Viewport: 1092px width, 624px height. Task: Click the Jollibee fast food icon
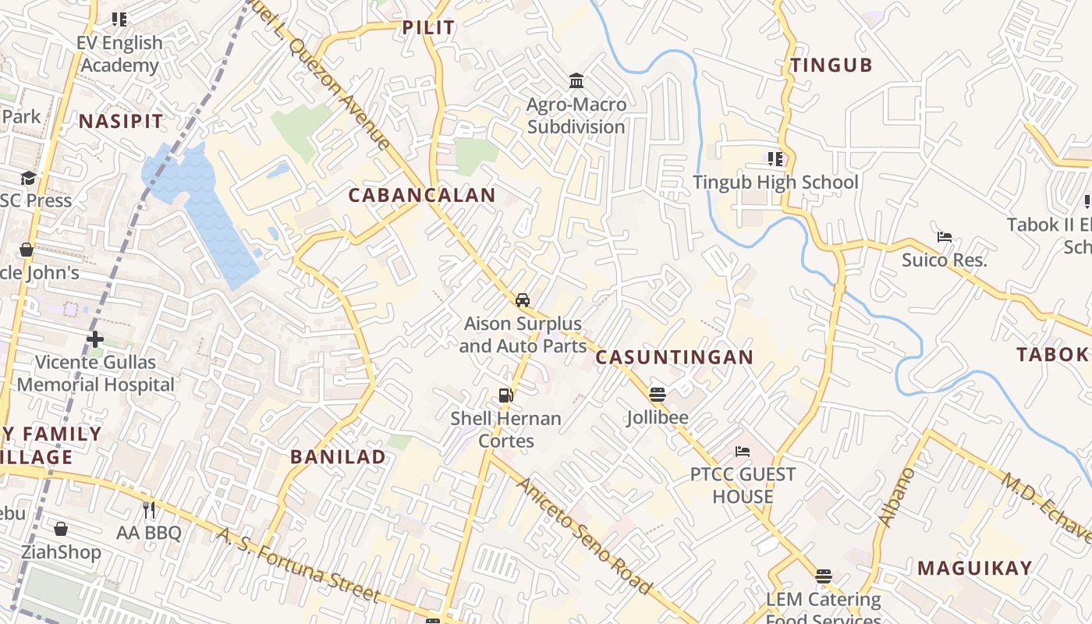pyautogui.click(x=658, y=394)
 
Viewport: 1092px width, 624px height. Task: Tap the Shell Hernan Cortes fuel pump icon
pyautogui.click(x=506, y=395)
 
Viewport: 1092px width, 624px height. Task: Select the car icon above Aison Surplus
pyautogui.click(x=522, y=300)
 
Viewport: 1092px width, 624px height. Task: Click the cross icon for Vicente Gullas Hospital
pyautogui.click(x=95, y=339)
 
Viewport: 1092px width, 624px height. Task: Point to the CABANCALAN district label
pyautogui.click(x=422, y=195)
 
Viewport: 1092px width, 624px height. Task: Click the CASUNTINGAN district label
pyautogui.click(x=675, y=357)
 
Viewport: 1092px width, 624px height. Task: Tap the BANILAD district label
pyautogui.click(x=338, y=457)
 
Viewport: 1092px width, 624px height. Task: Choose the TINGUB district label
pyautogui.click(x=831, y=66)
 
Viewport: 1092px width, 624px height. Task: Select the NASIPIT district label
pyautogui.click(x=121, y=122)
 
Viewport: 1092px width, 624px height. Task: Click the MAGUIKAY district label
pyautogui.click(x=974, y=568)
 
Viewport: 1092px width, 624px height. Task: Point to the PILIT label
pyautogui.click(x=428, y=28)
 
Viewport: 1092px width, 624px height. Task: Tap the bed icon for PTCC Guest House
pyautogui.click(x=743, y=452)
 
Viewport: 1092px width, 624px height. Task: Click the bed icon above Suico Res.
pyautogui.click(x=945, y=237)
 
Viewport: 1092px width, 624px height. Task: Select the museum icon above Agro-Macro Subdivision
pyautogui.click(x=576, y=80)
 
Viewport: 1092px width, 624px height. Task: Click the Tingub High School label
pyautogui.click(x=775, y=183)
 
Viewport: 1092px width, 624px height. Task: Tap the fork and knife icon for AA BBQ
pyautogui.click(x=149, y=510)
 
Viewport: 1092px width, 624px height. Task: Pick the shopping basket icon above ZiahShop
pyautogui.click(x=61, y=530)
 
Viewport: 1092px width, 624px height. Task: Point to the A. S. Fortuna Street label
pyautogui.click(x=299, y=567)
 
